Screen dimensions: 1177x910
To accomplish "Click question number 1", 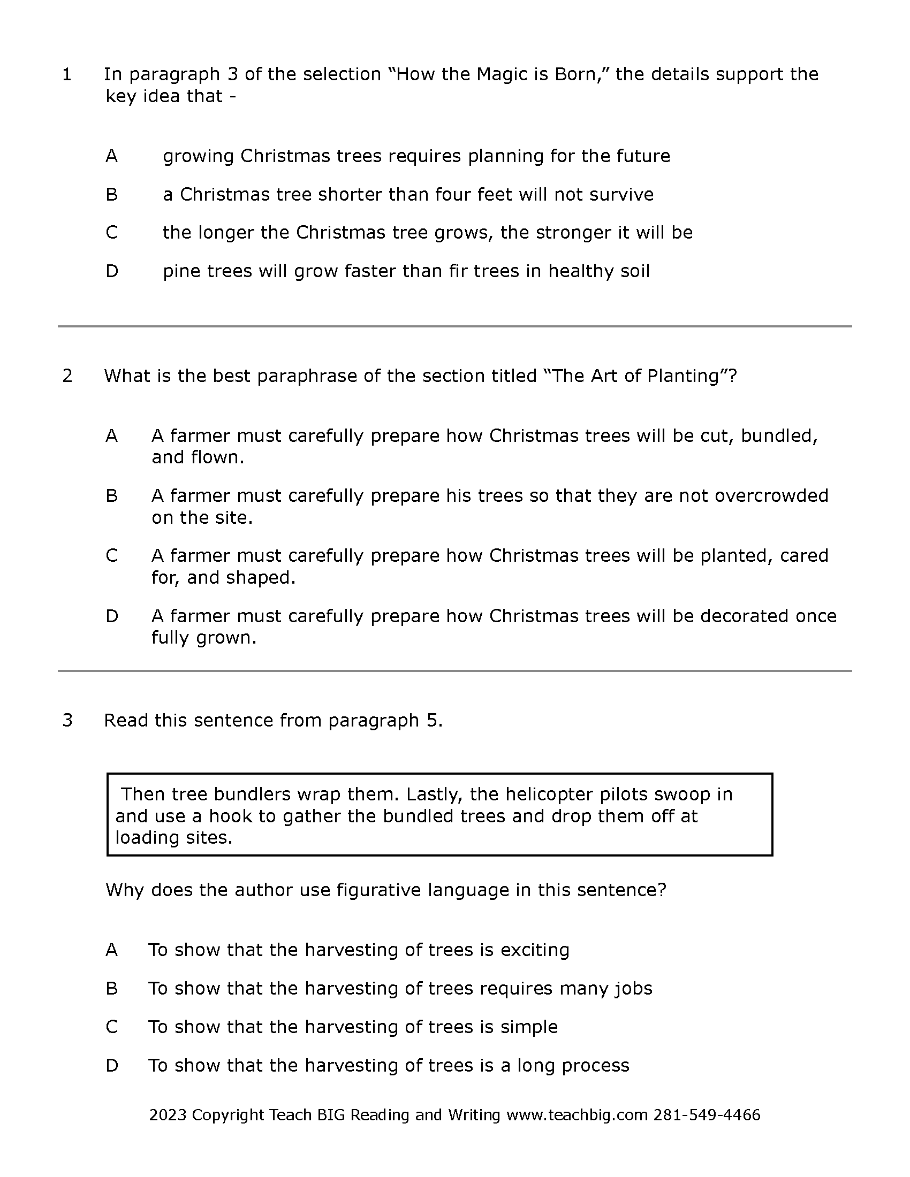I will click(x=67, y=74).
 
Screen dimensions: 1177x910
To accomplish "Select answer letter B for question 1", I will click(x=111, y=195).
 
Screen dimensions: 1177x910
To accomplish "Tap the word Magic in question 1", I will click(x=502, y=74).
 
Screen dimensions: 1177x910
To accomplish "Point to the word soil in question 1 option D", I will click(x=634, y=271).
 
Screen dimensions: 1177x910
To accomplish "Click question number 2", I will click(x=67, y=376).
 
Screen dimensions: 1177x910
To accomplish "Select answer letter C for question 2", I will click(x=111, y=556).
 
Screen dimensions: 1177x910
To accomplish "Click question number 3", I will click(x=67, y=721).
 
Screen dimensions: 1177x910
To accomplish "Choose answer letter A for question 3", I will click(x=111, y=950).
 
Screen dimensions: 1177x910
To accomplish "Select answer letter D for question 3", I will click(x=111, y=1066).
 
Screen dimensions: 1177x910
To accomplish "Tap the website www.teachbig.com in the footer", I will click(x=577, y=1115).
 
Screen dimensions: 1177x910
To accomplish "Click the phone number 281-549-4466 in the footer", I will click(x=706, y=1115).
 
